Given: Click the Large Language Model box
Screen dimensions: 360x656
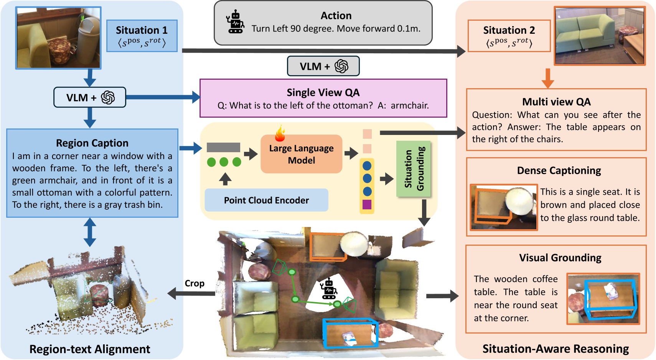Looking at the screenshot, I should tap(301, 154).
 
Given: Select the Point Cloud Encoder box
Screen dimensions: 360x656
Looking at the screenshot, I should tap(266, 200).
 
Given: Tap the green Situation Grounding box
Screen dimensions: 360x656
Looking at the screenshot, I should tap(414, 169).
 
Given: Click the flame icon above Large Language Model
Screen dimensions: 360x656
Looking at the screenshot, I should tap(280, 133).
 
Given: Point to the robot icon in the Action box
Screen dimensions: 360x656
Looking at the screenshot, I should tap(235, 22).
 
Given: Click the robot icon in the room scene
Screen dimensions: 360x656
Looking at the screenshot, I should tap(329, 289).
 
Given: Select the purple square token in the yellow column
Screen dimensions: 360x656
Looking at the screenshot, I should tap(367, 204).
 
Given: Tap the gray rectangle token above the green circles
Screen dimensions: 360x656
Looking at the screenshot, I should tap(223, 147).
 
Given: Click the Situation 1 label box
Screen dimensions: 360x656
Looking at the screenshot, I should tap(142, 36).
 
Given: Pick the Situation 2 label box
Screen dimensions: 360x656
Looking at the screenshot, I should tap(509, 36).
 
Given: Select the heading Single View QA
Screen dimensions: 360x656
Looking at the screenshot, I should tap(323, 92).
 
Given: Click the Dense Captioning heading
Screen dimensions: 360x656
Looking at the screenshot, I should tap(559, 171).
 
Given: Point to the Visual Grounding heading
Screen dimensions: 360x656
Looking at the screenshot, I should tap(560, 258).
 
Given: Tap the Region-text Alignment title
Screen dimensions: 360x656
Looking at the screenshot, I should tap(90, 349).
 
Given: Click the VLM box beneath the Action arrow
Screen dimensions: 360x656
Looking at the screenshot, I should tap(323, 66).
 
